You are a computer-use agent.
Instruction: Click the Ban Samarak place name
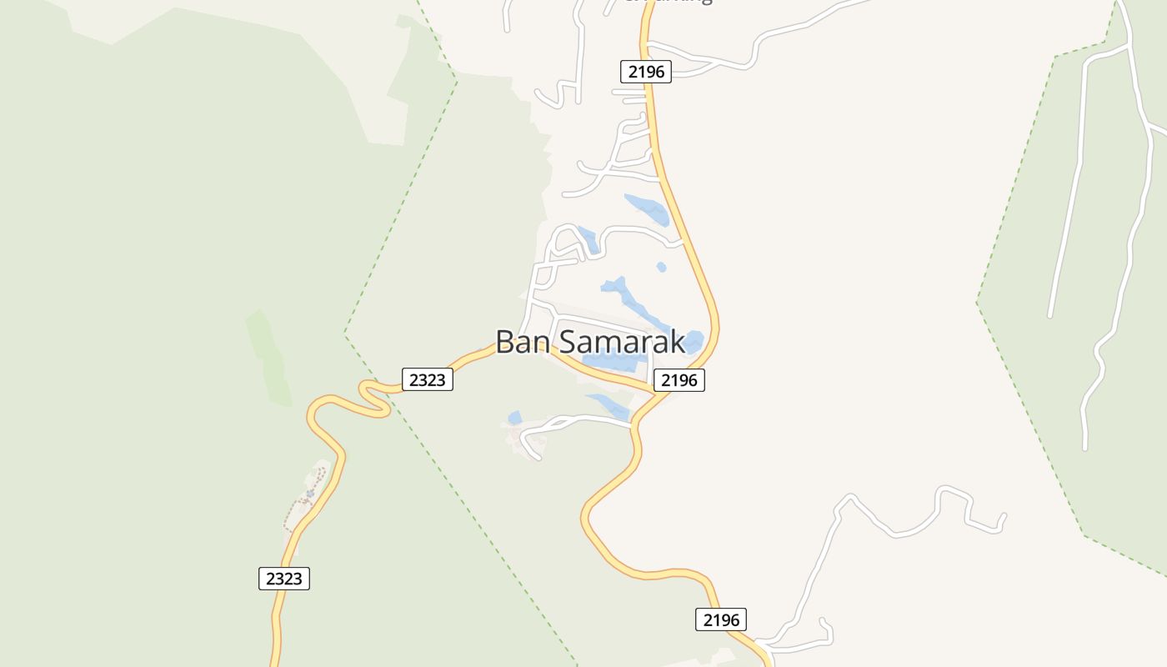coord(590,342)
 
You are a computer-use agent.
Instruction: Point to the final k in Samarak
coord(677,342)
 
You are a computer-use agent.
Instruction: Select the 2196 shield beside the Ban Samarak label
coord(679,381)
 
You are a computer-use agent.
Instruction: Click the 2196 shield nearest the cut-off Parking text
coord(646,72)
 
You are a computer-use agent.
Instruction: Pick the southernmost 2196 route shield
coord(721,619)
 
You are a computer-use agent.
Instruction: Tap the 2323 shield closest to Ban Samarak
coord(428,380)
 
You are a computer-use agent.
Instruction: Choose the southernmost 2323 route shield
coord(284,579)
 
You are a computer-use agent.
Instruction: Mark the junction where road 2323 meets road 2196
coord(659,392)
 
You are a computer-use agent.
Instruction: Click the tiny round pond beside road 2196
coord(662,268)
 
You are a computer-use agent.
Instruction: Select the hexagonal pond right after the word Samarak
coord(693,341)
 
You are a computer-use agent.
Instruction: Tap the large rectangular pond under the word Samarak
coord(615,363)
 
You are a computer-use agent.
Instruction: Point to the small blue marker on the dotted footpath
coord(309,494)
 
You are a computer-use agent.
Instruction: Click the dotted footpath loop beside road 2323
coord(307,496)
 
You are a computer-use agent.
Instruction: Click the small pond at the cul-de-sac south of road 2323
coord(515,417)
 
